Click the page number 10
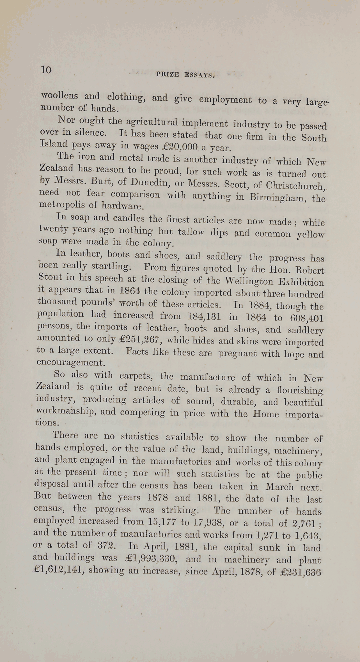point(46,70)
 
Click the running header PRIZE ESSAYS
point(185,75)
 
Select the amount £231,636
point(300,572)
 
